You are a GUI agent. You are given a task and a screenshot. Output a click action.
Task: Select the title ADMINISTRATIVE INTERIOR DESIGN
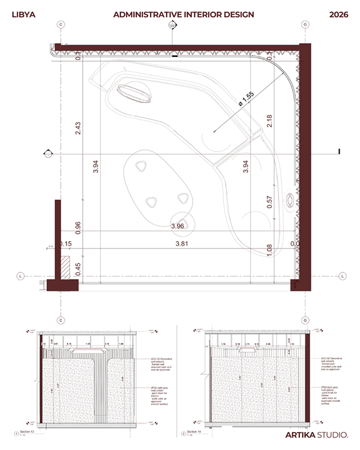click(184, 14)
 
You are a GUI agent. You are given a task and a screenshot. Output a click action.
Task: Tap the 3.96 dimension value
click(177, 226)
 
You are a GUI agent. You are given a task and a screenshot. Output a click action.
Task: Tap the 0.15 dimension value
click(67, 244)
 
